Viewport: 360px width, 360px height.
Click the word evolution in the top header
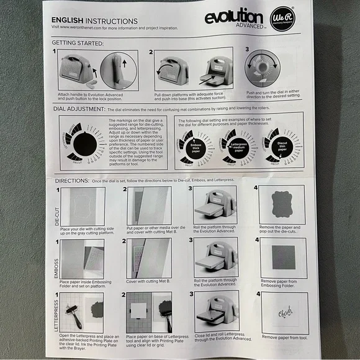(235, 16)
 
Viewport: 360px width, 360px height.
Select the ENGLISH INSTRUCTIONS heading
(94, 20)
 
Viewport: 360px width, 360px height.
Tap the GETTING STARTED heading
(78, 43)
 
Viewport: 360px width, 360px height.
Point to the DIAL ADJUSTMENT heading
(78, 109)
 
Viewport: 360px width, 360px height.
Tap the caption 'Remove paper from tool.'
(284, 337)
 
